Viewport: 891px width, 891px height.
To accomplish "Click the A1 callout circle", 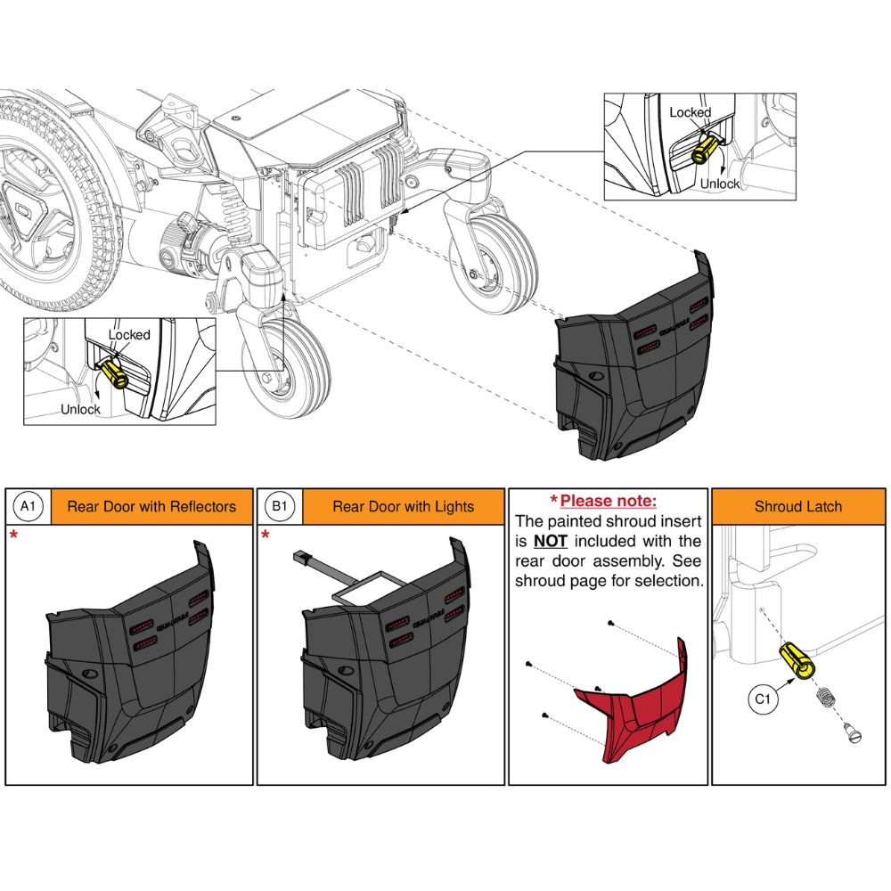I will (x=28, y=507).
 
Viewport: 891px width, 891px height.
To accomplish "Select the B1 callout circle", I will (x=280, y=507).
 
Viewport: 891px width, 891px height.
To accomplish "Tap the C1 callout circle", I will (x=762, y=699).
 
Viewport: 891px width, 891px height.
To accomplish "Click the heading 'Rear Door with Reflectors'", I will (x=151, y=507).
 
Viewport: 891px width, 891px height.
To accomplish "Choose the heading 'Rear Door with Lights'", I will (x=403, y=507).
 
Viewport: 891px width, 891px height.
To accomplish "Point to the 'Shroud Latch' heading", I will (x=797, y=507).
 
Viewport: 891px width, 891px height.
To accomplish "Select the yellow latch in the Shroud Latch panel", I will (x=796, y=663).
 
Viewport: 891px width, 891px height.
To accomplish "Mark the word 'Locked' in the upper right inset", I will (x=690, y=113).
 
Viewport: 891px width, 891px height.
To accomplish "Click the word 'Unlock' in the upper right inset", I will (x=719, y=184).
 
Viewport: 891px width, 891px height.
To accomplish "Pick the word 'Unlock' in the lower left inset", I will (x=80, y=410).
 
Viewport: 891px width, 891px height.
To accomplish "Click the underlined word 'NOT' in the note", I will (x=550, y=542).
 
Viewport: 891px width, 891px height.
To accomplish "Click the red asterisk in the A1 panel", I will (x=13, y=535).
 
